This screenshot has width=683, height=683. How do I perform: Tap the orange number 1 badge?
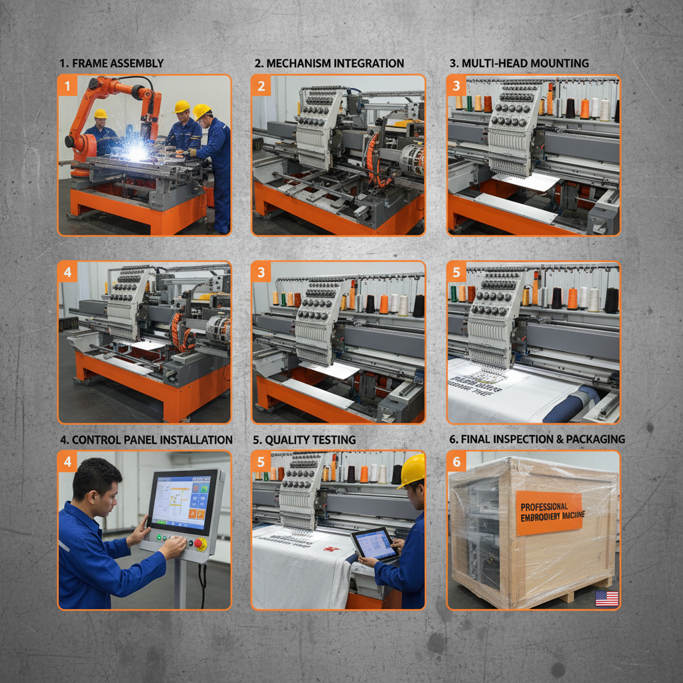[67, 85]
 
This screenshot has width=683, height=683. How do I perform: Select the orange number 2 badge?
[261, 85]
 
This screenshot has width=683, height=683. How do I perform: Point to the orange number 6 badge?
[456, 462]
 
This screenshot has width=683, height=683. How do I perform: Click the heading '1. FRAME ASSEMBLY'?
[111, 63]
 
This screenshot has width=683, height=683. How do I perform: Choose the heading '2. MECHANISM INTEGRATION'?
[329, 63]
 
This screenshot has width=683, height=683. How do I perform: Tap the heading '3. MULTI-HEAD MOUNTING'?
[519, 63]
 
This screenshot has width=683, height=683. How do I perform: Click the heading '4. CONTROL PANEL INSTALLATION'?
[145, 440]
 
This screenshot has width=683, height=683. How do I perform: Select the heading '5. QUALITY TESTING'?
[303, 440]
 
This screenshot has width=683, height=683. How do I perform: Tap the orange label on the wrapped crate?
[548, 513]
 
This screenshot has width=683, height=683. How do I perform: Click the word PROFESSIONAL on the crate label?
[544, 507]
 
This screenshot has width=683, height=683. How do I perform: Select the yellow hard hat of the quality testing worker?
[414, 470]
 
